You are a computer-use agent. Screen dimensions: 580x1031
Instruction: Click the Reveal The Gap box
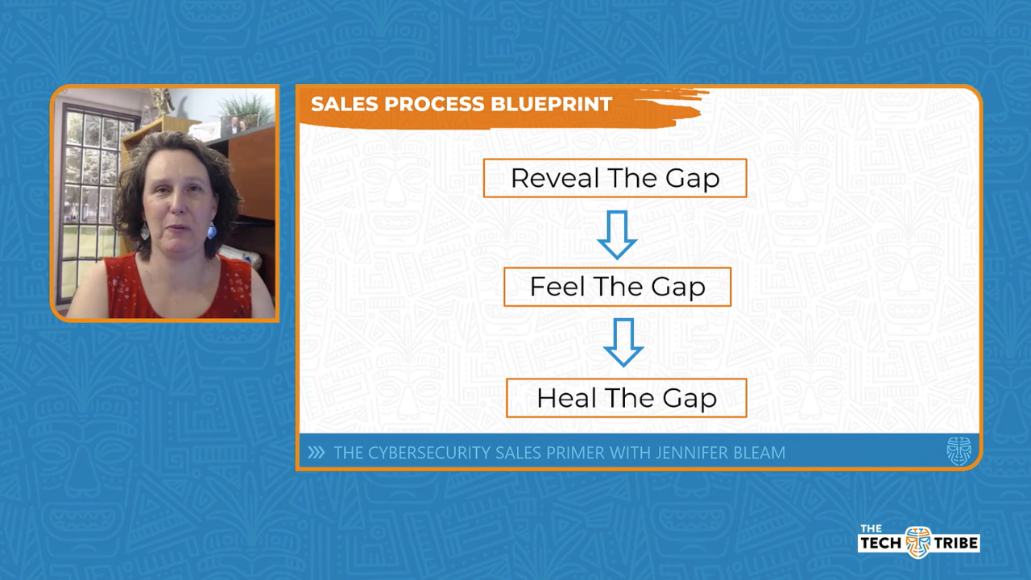615,178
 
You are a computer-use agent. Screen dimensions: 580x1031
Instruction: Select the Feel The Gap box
617,287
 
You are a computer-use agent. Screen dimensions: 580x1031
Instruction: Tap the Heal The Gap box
626,398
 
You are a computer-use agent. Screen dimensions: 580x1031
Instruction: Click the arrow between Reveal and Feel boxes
617,234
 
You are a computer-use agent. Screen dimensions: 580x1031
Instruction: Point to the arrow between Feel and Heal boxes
623,342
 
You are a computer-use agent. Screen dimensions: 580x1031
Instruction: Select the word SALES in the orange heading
338,104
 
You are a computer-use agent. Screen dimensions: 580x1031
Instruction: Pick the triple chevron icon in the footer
317,453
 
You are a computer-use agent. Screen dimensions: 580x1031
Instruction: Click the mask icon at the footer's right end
959,451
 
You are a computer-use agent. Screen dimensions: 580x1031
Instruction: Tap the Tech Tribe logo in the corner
918,541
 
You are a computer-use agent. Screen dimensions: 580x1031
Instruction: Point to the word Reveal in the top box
544,178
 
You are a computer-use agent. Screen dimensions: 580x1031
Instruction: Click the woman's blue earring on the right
212,231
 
